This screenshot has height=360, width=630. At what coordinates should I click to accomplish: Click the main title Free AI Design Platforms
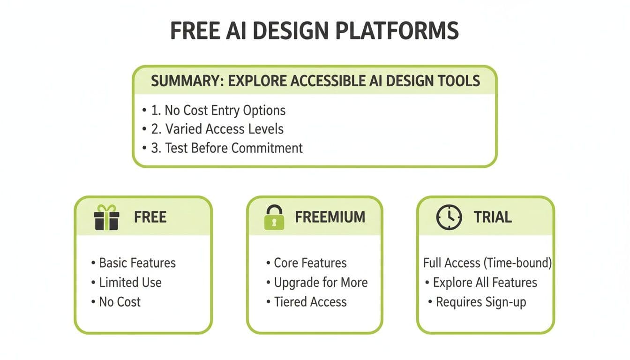[x=314, y=30]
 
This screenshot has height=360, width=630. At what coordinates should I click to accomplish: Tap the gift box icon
[x=106, y=217]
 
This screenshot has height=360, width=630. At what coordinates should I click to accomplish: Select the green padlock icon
[x=274, y=217]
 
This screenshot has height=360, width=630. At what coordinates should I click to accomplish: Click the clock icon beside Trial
[x=449, y=217]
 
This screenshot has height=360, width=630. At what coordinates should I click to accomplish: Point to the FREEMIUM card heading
[x=330, y=217]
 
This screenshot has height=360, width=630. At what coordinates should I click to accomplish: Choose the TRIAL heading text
[x=492, y=217]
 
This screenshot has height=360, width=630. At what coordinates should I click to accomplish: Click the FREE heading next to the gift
[x=150, y=217]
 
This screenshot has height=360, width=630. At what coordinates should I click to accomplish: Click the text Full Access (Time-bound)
[x=487, y=263]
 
